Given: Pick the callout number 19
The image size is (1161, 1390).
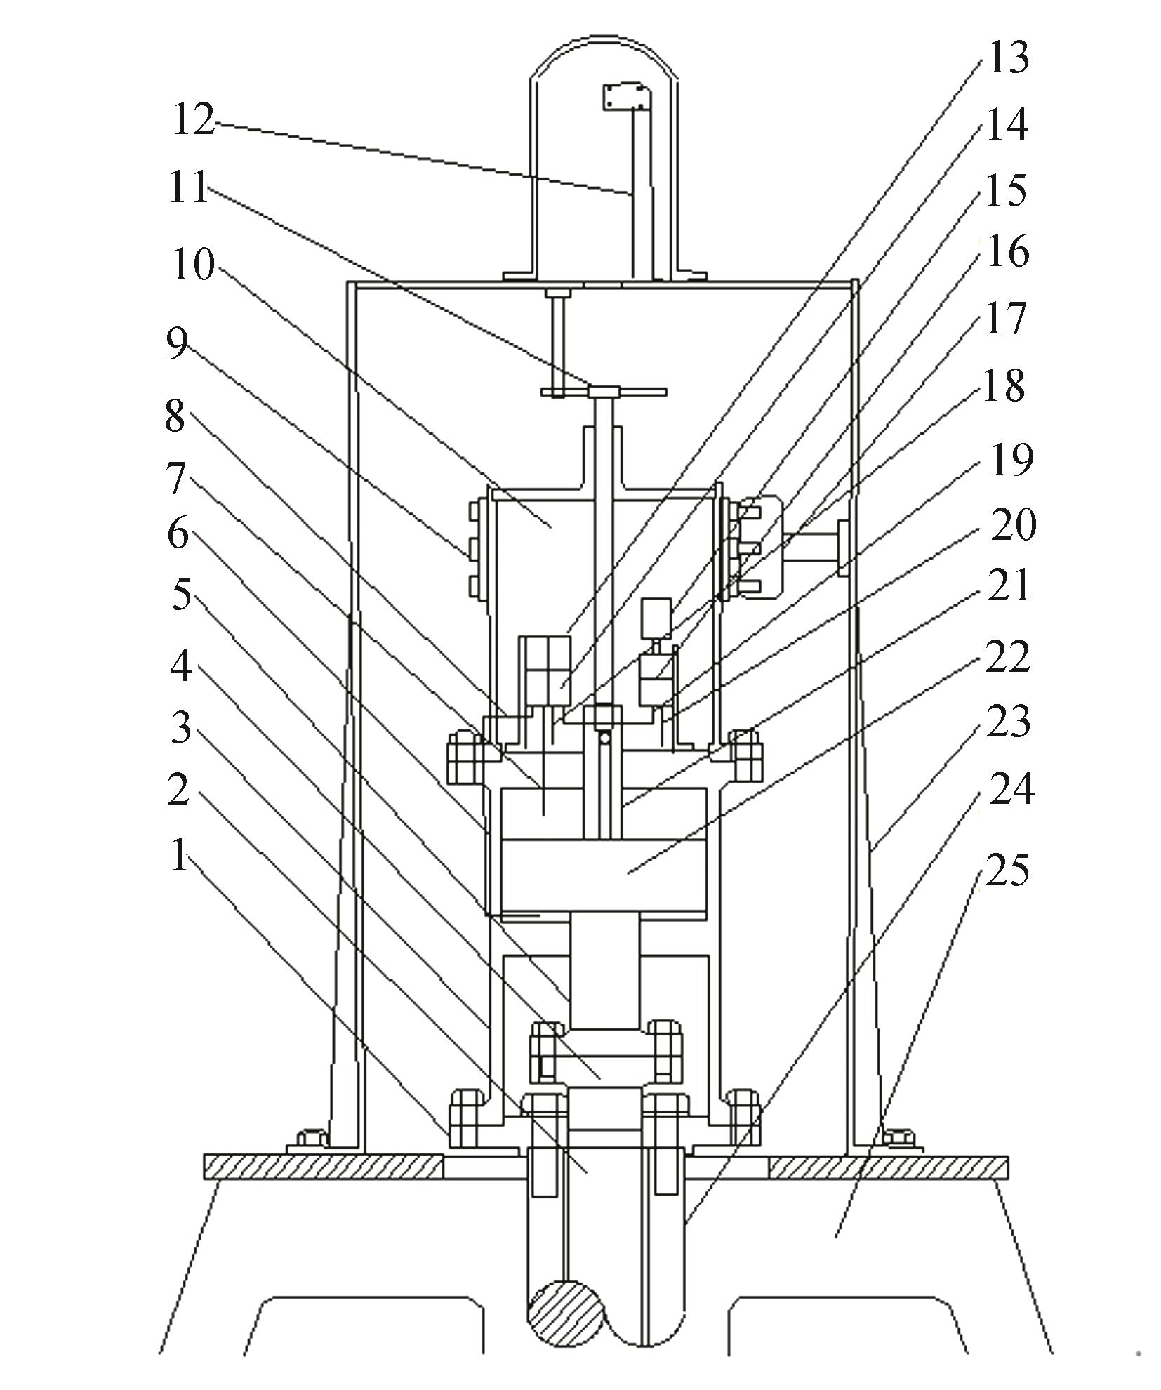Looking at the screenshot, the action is point(1011,461).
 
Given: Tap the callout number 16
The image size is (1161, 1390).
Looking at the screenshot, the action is point(1007,251).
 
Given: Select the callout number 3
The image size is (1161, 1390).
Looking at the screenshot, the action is point(181,727).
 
